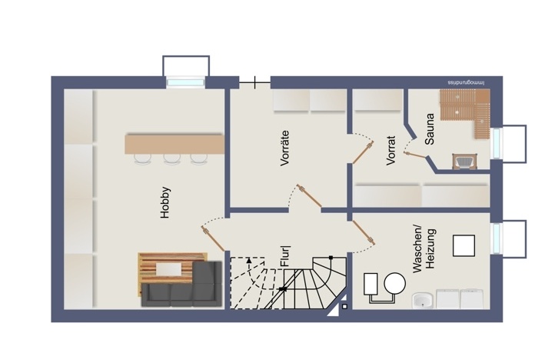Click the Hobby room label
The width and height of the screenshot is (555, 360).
pyautogui.click(x=165, y=202)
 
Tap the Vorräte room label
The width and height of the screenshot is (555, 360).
pyautogui.click(x=284, y=148)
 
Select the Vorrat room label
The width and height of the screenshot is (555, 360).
pyautogui.click(x=390, y=151)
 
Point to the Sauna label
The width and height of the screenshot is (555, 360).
pyautogui.click(x=430, y=129)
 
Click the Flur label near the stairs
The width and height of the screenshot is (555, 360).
pyautogui.click(x=285, y=256)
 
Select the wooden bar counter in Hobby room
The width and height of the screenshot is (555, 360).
pyautogui.click(x=174, y=144)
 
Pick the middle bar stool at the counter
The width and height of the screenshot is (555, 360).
pyautogui.click(x=172, y=159)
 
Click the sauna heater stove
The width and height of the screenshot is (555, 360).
pyautogui.click(x=465, y=162)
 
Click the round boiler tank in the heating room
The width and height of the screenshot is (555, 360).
pyautogui.click(x=394, y=284)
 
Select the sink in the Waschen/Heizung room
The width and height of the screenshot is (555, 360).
pyautogui.click(x=423, y=301)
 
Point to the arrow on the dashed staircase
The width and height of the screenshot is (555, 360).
pyautogui.click(x=249, y=261)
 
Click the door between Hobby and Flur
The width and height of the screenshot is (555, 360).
pyautogui.click(x=213, y=238)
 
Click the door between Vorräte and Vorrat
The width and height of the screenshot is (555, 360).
pyautogui.click(x=363, y=153)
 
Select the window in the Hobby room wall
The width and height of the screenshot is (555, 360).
pyautogui.click(x=185, y=82)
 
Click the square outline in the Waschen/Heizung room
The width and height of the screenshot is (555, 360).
pyautogui.click(x=464, y=245)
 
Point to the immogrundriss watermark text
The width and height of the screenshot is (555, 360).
pyautogui.click(x=466, y=82)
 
